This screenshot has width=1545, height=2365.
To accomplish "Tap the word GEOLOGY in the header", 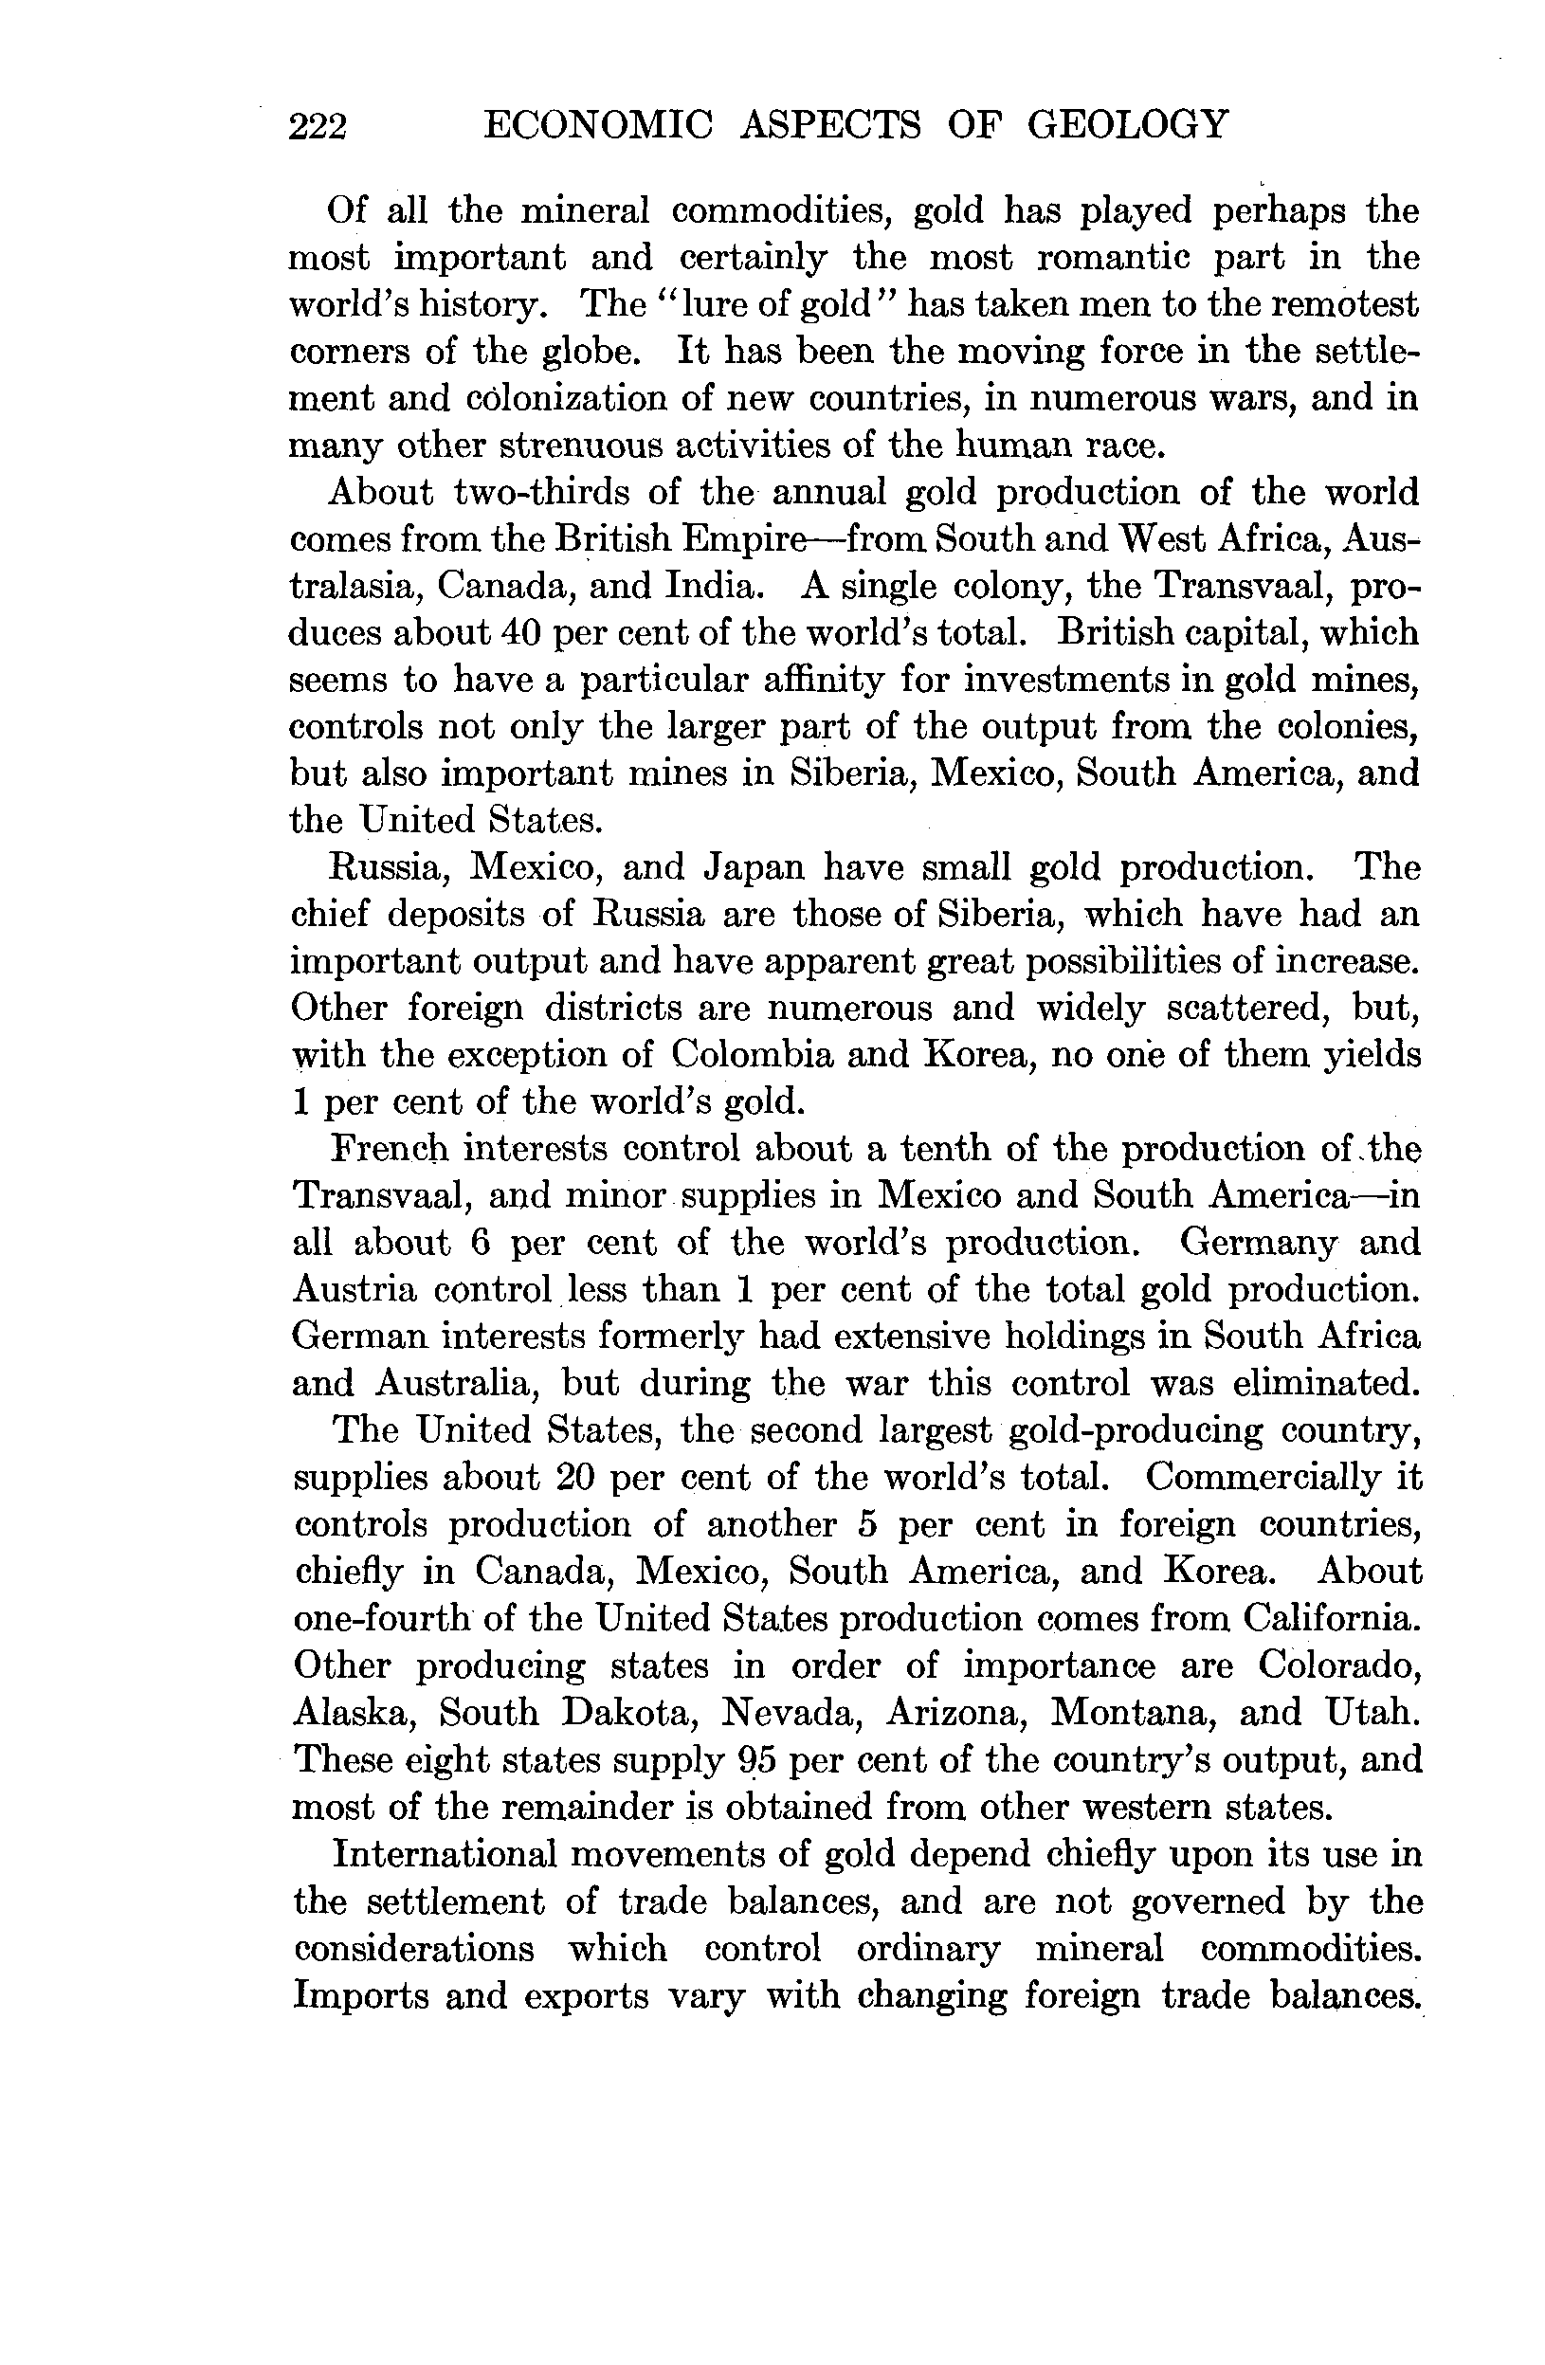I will (x=1127, y=125).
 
